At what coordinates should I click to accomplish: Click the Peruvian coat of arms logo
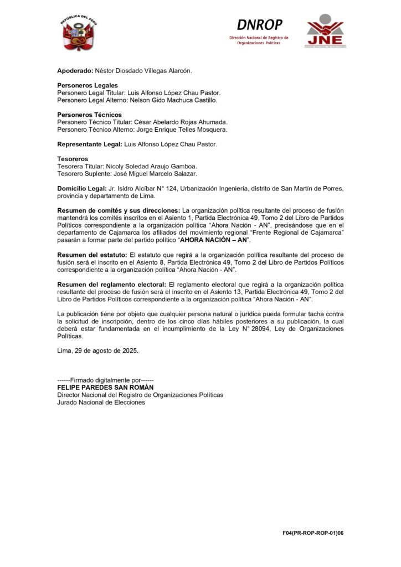[80, 33]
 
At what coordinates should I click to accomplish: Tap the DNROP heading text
[259, 25]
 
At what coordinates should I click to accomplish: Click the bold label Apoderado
[75, 71]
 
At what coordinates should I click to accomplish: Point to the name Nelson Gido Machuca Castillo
[171, 100]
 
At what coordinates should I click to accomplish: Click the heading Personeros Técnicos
[89, 115]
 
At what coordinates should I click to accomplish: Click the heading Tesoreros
[73, 159]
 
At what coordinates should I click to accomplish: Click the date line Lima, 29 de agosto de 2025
[98, 351]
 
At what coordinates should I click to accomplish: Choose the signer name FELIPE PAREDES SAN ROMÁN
[105, 388]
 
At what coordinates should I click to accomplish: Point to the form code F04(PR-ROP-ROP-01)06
[313, 533]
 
